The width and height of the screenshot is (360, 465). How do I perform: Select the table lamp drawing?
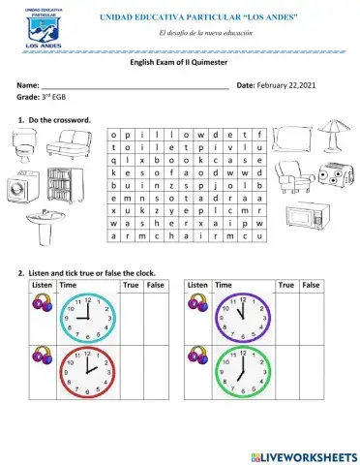click(x=332, y=138)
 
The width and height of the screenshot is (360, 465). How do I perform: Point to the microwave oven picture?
click(x=308, y=215)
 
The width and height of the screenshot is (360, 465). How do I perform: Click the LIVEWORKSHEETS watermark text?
click(x=309, y=455)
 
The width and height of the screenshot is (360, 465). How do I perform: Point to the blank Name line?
click(x=135, y=88)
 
